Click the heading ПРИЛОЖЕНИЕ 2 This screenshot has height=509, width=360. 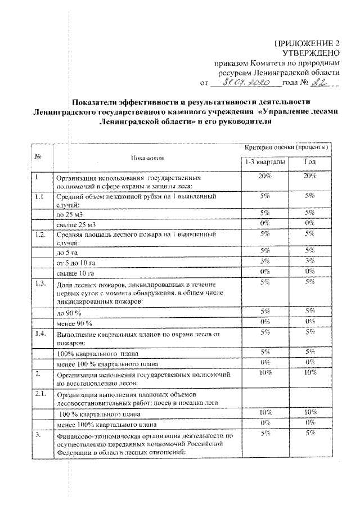307,43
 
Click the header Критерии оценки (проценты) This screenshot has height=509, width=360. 287,147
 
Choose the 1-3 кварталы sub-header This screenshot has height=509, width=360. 264,162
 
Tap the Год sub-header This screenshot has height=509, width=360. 310,162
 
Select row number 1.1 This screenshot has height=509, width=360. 38,197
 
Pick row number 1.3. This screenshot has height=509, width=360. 39,283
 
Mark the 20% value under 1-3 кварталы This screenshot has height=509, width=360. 264,177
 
